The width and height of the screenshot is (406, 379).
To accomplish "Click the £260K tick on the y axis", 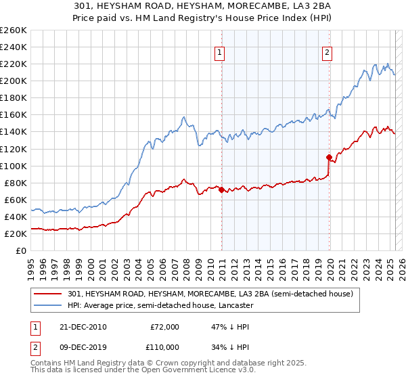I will click(14, 30).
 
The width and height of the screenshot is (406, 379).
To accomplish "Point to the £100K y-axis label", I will click(14, 166).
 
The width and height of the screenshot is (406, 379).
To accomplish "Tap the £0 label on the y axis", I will click(22, 251).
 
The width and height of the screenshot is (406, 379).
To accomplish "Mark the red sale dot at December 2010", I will click(222, 189).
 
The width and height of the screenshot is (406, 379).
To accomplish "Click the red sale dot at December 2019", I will click(330, 157).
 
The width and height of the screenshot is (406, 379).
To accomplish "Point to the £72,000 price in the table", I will click(164, 327).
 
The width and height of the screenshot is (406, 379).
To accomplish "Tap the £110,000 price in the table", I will click(164, 347).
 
